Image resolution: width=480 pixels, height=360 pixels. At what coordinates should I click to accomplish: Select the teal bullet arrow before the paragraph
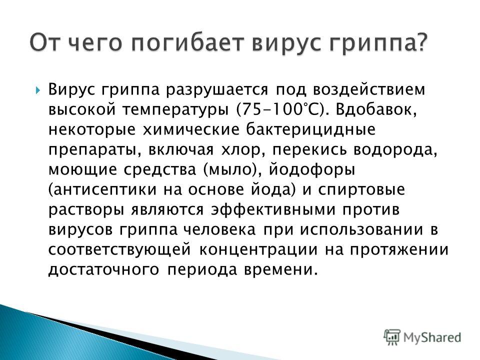click(37, 90)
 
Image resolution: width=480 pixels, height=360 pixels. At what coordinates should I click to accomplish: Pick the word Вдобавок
click(376, 110)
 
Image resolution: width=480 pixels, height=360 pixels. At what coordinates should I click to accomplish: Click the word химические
click(191, 129)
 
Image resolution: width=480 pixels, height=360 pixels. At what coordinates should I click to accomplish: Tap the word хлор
click(242, 149)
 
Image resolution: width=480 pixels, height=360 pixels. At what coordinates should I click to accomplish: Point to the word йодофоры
click(312, 169)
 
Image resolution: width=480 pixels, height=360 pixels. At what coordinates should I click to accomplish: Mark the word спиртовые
click(361, 190)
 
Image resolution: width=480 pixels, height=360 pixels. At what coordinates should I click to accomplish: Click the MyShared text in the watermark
click(432, 337)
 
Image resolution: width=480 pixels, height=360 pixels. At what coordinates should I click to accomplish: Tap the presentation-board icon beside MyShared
click(392, 337)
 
